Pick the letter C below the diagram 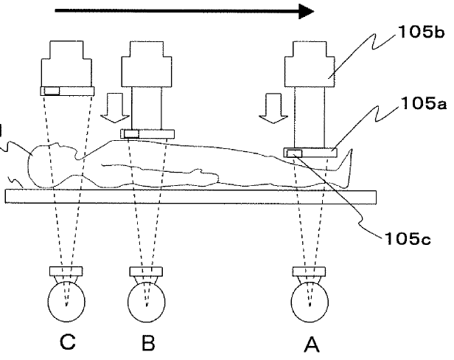pyautogui.click(x=67, y=342)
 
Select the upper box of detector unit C pyautogui.click(x=67, y=63)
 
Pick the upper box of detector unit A pyautogui.click(x=313, y=63)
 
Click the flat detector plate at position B pyautogui.click(x=147, y=134)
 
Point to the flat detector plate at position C pyautogui.click(x=67, y=91)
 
